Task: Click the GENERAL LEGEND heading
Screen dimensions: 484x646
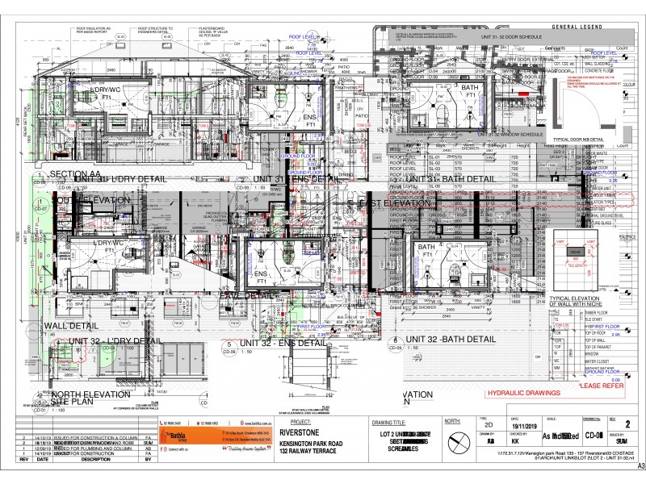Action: pyautogui.click(x=574, y=27)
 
